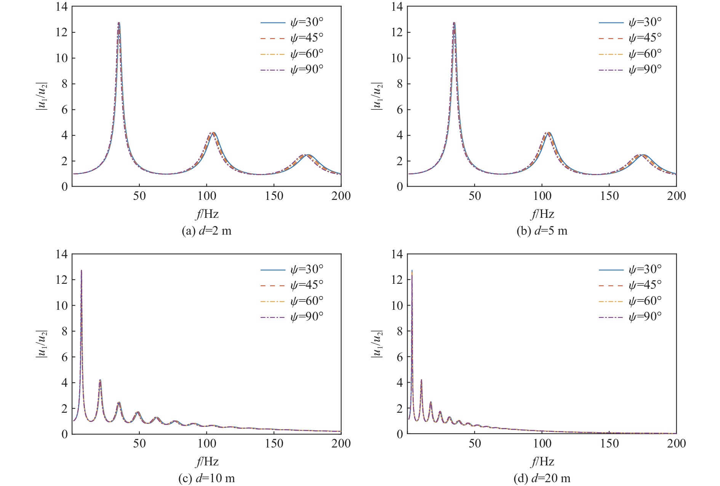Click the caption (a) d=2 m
(x=206, y=231)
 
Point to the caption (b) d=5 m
(x=542, y=231)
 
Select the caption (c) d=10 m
(x=206, y=478)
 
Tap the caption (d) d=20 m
(x=542, y=478)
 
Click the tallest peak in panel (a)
(x=119, y=23)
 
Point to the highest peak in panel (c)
(x=81, y=271)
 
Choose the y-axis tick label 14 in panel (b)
(x=398, y=6)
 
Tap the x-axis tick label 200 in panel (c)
(x=341, y=443)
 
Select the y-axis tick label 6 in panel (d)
(x=400, y=357)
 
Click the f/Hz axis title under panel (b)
(x=542, y=214)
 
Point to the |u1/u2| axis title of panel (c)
(x=41, y=344)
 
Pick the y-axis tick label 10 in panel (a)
(x=62, y=58)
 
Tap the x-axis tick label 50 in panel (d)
(x=475, y=443)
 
